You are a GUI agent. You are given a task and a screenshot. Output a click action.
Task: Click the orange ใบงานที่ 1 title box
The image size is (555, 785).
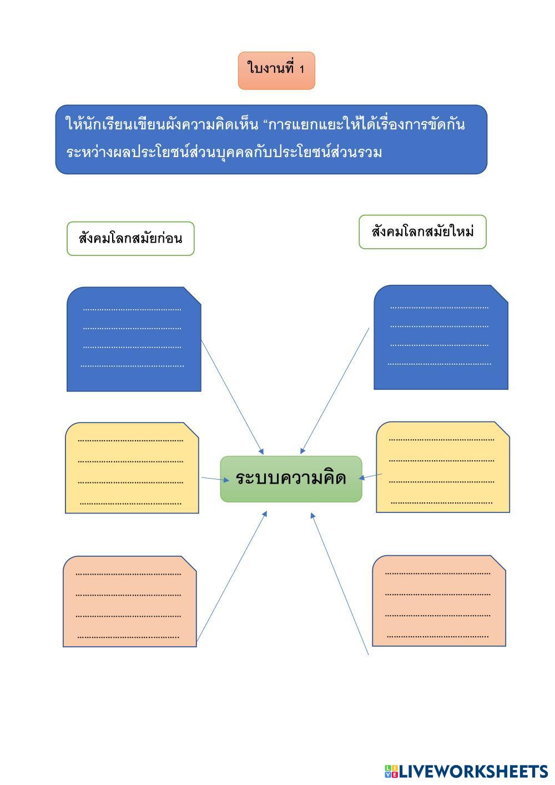pos(276,71)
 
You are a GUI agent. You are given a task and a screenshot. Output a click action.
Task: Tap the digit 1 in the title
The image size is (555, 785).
pos(302,69)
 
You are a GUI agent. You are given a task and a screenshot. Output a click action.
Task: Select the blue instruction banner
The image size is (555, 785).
pos(271,139)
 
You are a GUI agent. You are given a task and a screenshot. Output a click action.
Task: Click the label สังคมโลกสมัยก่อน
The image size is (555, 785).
pos(130,239)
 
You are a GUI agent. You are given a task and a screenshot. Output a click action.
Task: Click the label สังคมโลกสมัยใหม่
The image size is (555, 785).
pos(422,232)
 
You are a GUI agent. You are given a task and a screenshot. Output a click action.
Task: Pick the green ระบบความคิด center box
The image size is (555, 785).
pos(291,479)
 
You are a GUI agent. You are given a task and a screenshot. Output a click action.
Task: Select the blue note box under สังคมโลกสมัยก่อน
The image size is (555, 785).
pos(133,339)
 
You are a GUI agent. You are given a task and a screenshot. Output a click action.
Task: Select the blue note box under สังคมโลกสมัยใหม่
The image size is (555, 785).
pos(441,337)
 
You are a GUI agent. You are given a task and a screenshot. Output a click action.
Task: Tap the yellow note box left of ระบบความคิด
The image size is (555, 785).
pos(132,467)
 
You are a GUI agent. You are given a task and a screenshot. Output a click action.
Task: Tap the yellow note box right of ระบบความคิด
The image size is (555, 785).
pos(443,467)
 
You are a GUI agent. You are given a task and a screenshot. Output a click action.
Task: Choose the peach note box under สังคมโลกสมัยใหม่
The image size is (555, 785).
pos(438,601)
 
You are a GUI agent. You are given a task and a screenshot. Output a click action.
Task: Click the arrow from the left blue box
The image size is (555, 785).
pos(232,396)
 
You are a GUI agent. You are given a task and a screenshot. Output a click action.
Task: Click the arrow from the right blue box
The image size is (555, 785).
pos(335,390)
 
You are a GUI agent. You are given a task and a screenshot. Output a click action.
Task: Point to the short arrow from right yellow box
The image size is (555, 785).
pos(371,476)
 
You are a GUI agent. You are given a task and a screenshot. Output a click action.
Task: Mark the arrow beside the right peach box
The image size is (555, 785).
pos(340,584)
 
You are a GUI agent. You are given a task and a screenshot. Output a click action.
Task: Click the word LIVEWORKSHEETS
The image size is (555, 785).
pos(473,771)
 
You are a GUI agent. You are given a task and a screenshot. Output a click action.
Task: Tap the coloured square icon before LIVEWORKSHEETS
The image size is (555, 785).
pos(391,771)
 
